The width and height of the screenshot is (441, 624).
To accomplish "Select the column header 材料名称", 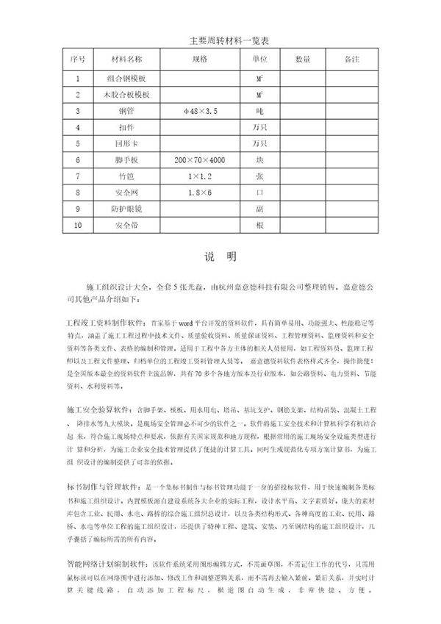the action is pos(126,57).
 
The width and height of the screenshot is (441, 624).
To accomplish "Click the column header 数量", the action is pos(303,57).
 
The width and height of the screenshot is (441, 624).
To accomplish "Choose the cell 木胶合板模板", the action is pos(126,94).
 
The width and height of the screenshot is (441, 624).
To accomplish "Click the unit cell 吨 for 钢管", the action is pos(259,111).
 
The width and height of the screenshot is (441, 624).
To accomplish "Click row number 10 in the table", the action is pos(77,226).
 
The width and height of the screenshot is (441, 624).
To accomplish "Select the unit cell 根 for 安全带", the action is pos(259,226).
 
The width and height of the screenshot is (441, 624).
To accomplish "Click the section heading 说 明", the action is pos(220,257).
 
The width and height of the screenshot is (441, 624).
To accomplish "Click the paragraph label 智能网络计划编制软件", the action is pos(106,564).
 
